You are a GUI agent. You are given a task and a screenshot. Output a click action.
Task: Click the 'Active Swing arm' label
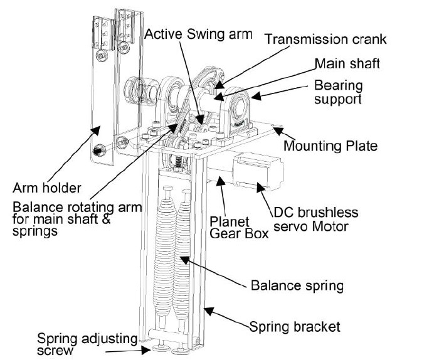(199, 34)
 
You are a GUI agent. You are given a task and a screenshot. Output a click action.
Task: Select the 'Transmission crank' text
(325, 39)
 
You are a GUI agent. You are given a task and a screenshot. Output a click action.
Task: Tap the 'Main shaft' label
(347, 64)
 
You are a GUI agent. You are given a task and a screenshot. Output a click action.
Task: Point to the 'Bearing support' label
(338, 92)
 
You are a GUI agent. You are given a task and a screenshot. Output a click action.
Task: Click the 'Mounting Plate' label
(331, 146)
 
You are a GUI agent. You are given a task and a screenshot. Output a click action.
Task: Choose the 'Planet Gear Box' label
(239, 228)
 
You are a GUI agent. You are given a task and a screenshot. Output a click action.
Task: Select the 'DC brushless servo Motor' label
(316, 220)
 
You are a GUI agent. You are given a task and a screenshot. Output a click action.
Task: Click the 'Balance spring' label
(297, 286)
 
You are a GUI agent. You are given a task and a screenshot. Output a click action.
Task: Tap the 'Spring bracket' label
(295, 327)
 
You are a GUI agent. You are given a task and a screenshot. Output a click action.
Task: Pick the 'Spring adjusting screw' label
(87, 344)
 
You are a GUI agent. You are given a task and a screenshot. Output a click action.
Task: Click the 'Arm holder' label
(47, 188)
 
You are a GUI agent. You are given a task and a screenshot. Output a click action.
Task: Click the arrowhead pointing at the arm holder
(95, 130)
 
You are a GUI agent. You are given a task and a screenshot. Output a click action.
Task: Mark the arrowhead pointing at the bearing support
(256, 97)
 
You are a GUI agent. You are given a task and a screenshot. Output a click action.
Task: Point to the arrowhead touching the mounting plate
(278, 130)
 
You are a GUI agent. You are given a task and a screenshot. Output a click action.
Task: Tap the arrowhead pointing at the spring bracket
(209, 311)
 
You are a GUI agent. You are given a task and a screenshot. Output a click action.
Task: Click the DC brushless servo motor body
(258, 171)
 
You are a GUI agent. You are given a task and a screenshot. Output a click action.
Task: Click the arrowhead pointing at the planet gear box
(221, 181)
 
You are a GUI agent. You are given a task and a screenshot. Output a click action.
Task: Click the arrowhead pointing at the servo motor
(261, 187)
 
